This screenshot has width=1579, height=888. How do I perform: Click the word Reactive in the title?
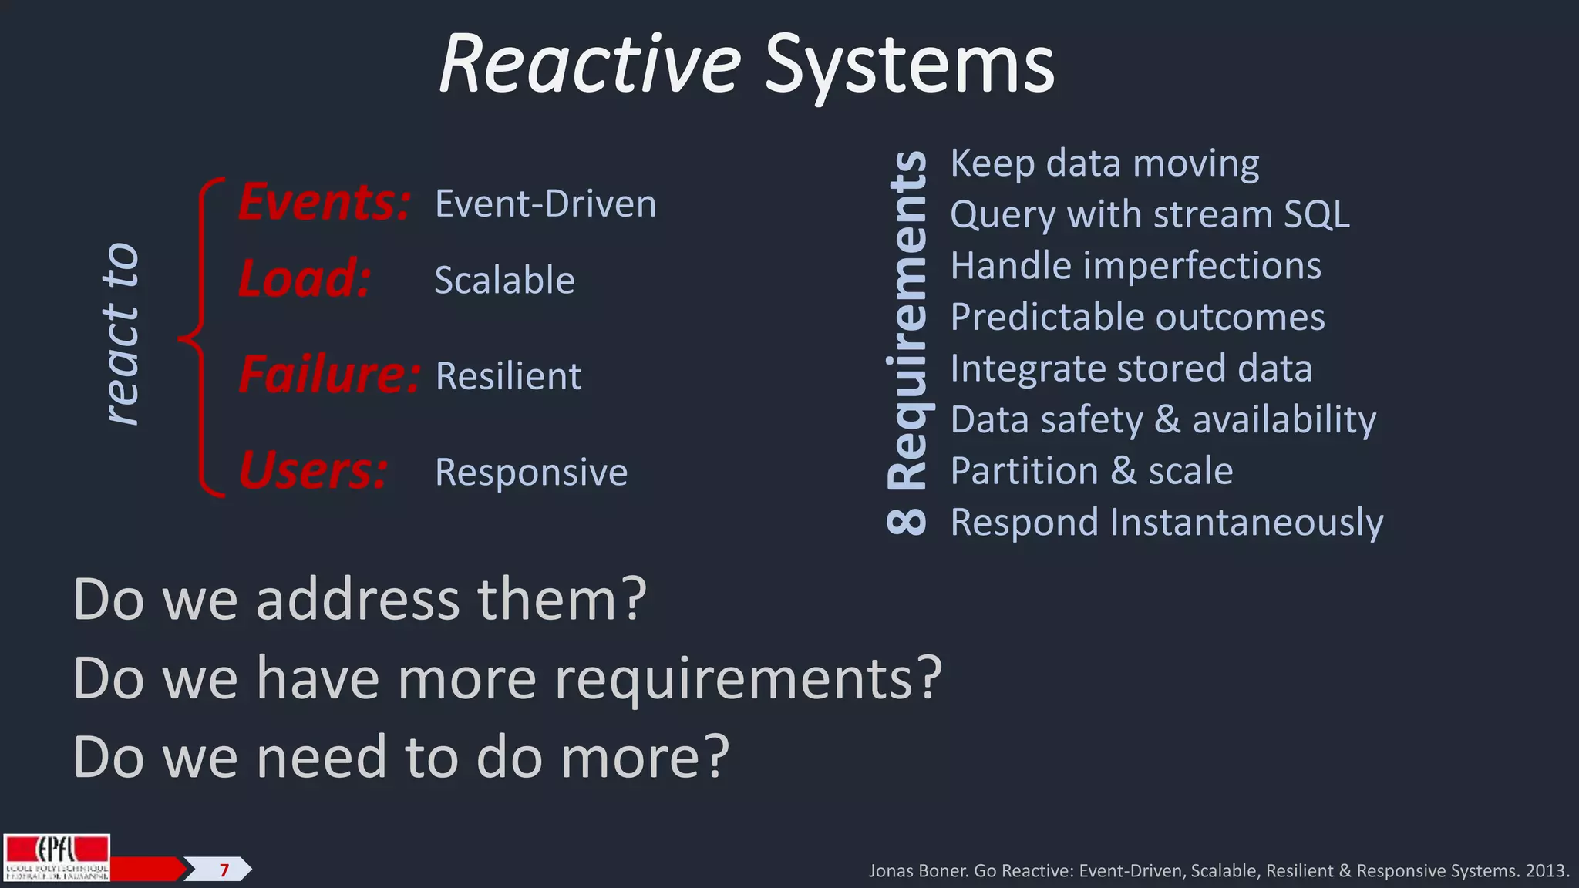click(590, 65)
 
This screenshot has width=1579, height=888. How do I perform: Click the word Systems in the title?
click(910, 68)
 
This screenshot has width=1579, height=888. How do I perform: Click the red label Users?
click(313, 471)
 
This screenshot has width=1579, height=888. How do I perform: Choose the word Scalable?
click(504, 280)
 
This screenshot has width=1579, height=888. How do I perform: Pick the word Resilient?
click(508, 376)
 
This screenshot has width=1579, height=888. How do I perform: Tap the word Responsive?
click(531, 472)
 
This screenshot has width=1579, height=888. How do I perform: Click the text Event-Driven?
click(545, 203)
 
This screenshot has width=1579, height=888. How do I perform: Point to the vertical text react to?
click(122, 334)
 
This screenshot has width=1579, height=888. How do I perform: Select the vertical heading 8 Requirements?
click(907, 342)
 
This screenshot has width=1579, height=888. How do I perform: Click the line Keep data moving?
click(1104, 163)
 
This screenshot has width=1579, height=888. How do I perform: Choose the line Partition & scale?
click(1091, 471)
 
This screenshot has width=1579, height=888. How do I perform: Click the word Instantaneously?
click(1246, 523)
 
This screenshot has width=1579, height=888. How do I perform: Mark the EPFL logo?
click(56, 857)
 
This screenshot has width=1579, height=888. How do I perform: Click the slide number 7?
click(224, 870)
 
